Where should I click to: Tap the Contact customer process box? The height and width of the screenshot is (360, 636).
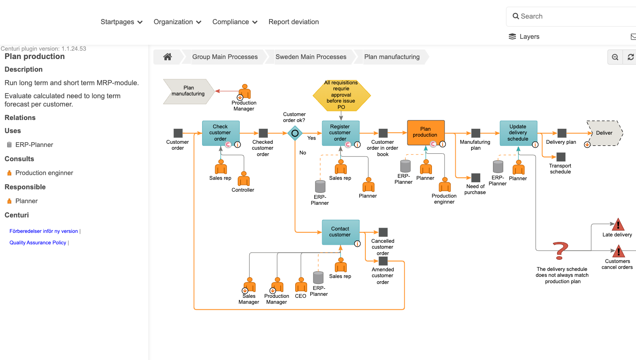click(340, 232)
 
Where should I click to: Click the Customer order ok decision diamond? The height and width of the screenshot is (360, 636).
click(295, 133)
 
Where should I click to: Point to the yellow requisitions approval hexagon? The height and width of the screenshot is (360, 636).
click(341, 95)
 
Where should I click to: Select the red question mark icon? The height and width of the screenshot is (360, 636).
click(560, 251)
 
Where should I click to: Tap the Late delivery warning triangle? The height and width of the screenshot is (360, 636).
click(618, 225)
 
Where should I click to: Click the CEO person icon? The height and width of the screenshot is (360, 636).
click(301, 286)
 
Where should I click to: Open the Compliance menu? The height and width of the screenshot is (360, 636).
click(235, 22)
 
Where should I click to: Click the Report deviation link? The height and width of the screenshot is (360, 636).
click(294, 22)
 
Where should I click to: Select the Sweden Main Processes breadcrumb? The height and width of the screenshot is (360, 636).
click(311, 57)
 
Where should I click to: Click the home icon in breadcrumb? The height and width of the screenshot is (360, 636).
click(168, 57)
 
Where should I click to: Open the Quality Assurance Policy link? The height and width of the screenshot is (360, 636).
click(38, 243)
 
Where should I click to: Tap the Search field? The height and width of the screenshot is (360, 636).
click(571, 16)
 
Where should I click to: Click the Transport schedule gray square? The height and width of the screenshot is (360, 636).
click(561, 157)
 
